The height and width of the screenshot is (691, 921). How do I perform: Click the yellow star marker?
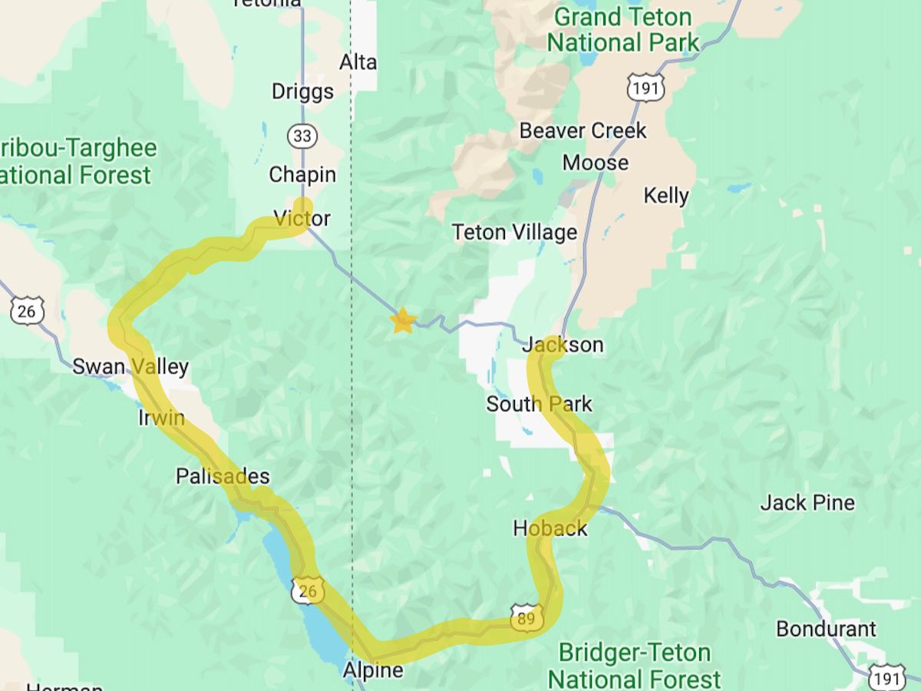[402, 321]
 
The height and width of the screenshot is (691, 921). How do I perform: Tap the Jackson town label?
[563, 345]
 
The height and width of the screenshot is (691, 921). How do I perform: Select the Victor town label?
[302, 219]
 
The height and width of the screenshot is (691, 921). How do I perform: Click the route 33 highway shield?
[302, 137]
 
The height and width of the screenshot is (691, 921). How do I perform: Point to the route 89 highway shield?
[527, 618]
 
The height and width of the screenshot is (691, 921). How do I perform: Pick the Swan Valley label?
[130, 367]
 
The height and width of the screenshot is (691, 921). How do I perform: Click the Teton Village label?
[514, 232]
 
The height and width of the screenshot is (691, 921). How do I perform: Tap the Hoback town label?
[550, 528]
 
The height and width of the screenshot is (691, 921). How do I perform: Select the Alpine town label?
[373, 670]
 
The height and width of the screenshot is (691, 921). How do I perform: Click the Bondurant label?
[826, 629]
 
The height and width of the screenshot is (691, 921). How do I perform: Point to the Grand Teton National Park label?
[623, 29]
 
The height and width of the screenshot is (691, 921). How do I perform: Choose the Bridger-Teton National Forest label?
[635, 666]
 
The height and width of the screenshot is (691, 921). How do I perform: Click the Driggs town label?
[302, 91]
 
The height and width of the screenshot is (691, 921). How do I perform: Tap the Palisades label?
[223, 476]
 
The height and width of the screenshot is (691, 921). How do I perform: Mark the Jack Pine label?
[807, 503]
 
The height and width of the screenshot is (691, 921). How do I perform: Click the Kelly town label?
[666, 196]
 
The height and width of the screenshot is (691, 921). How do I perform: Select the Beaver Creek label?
[583, 131]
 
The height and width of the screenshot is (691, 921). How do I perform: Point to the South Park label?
[539, 404]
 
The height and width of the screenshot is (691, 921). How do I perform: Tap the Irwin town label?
[161, 418]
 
